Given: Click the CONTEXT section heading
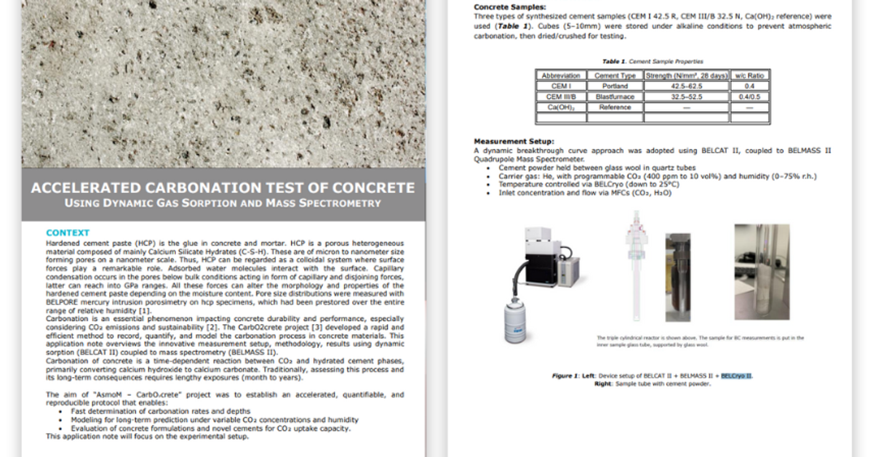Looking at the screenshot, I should (x=68, y=232).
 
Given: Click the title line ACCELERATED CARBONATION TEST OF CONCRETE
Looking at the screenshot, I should (x=223, y=188).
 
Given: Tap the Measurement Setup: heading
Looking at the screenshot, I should (x=514, y=141).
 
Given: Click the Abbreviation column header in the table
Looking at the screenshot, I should (x=562, y=75).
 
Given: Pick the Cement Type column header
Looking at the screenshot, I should (x=615, y=75).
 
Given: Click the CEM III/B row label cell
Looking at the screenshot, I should (x=562, y=96).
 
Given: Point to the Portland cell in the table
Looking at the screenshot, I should (x=615, y=86).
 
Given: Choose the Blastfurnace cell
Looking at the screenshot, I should (x=615, y=96).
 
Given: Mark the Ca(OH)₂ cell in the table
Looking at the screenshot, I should (x=562, y=107).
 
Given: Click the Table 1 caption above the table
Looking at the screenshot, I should (x=653, y=61).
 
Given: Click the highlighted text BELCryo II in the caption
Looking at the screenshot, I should (x=737, y=375).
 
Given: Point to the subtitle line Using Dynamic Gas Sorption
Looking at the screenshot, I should (x=223, y=203).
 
